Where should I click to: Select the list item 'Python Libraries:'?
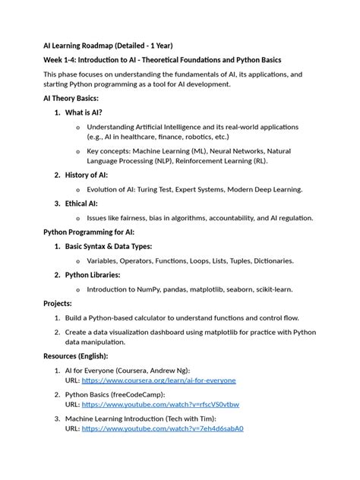pyautogui.click(x=97, y=275)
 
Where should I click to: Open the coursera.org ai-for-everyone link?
pyautogui.click(x=159, y=380)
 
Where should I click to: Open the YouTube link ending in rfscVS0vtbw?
pyautogui.click(x=160, y=404)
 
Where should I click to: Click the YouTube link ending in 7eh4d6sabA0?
pyautogui.click(x=163, y=428)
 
